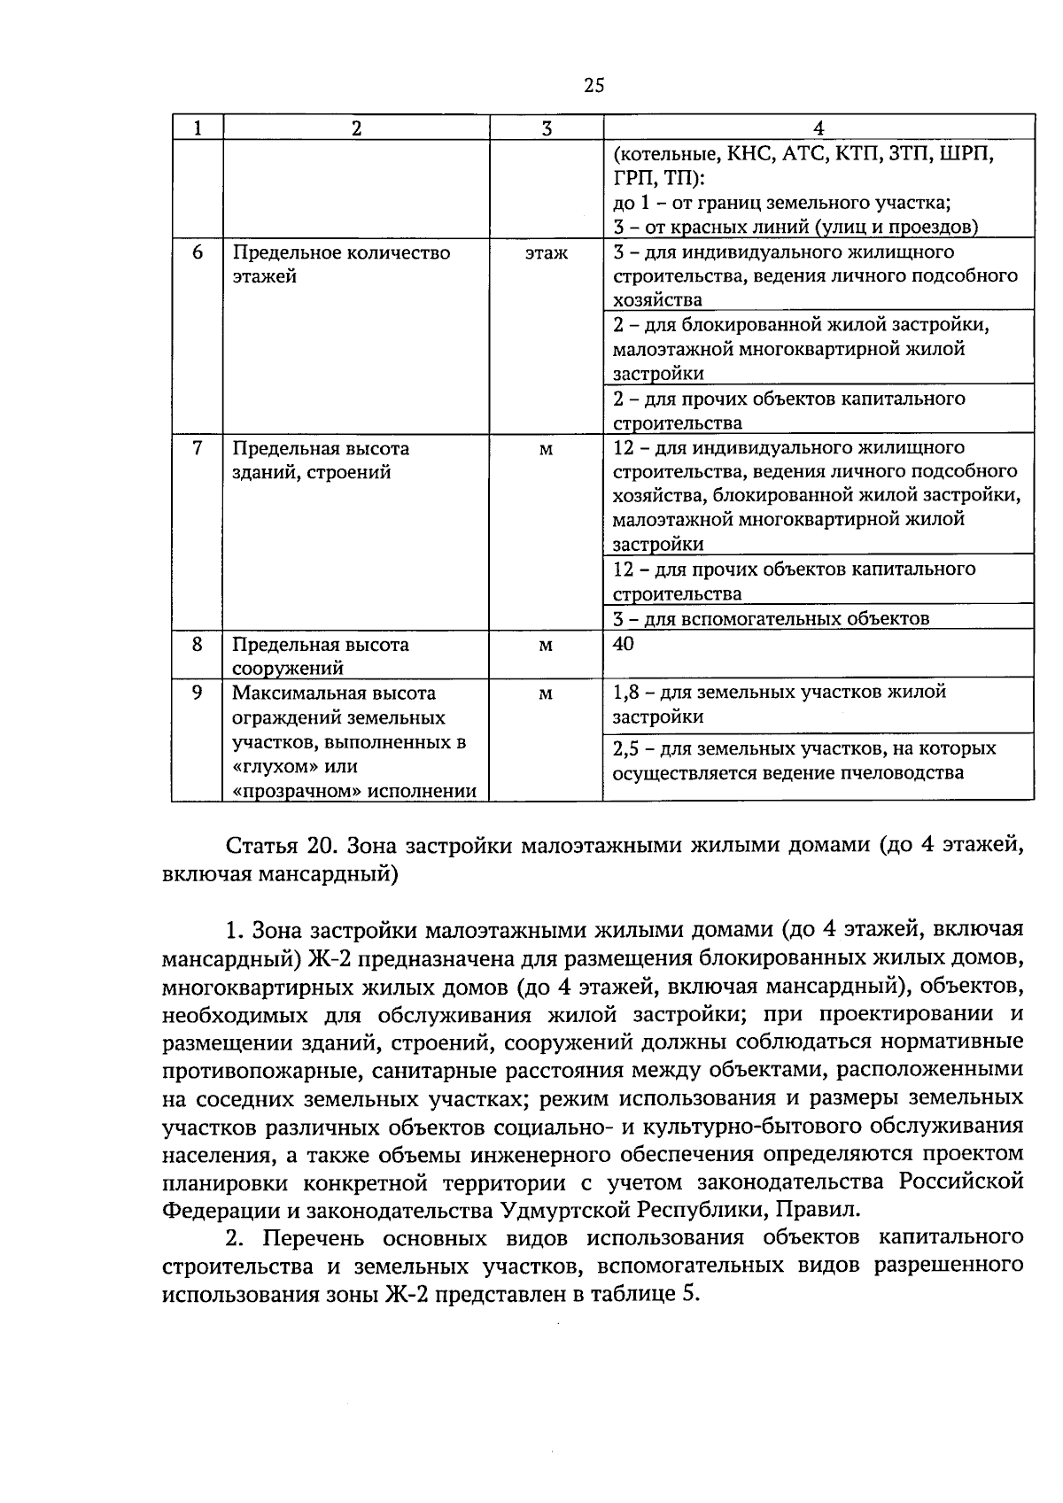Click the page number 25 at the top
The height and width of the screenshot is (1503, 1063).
point(594,85)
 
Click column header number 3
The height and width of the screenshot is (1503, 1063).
point(546,128)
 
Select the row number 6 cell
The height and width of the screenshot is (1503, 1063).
point(198,252)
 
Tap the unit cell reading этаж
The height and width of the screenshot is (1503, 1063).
point(546,253)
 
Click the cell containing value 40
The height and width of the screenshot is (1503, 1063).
point(624,644)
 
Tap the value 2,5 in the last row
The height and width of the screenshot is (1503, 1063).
point(626,749)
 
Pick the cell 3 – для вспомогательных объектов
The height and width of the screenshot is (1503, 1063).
point(771,618)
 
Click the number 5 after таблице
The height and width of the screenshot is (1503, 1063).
point(691,1294)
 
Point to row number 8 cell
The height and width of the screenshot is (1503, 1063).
point(198,644)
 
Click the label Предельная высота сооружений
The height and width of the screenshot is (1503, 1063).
point(321,656)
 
